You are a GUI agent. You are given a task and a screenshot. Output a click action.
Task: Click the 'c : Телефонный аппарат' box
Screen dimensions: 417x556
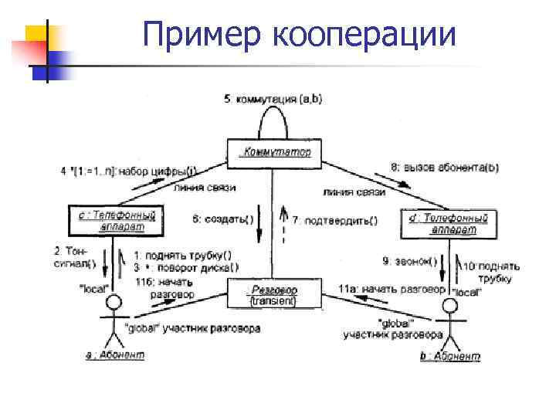click(x=114, y=221)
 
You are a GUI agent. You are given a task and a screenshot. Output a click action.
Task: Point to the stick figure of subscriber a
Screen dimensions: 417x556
click(x=114, y=317)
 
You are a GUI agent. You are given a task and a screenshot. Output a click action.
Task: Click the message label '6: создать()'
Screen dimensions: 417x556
click(x=223, y=219)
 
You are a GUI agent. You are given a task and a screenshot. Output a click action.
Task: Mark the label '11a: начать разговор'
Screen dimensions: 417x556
click(x=392, y=289)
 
